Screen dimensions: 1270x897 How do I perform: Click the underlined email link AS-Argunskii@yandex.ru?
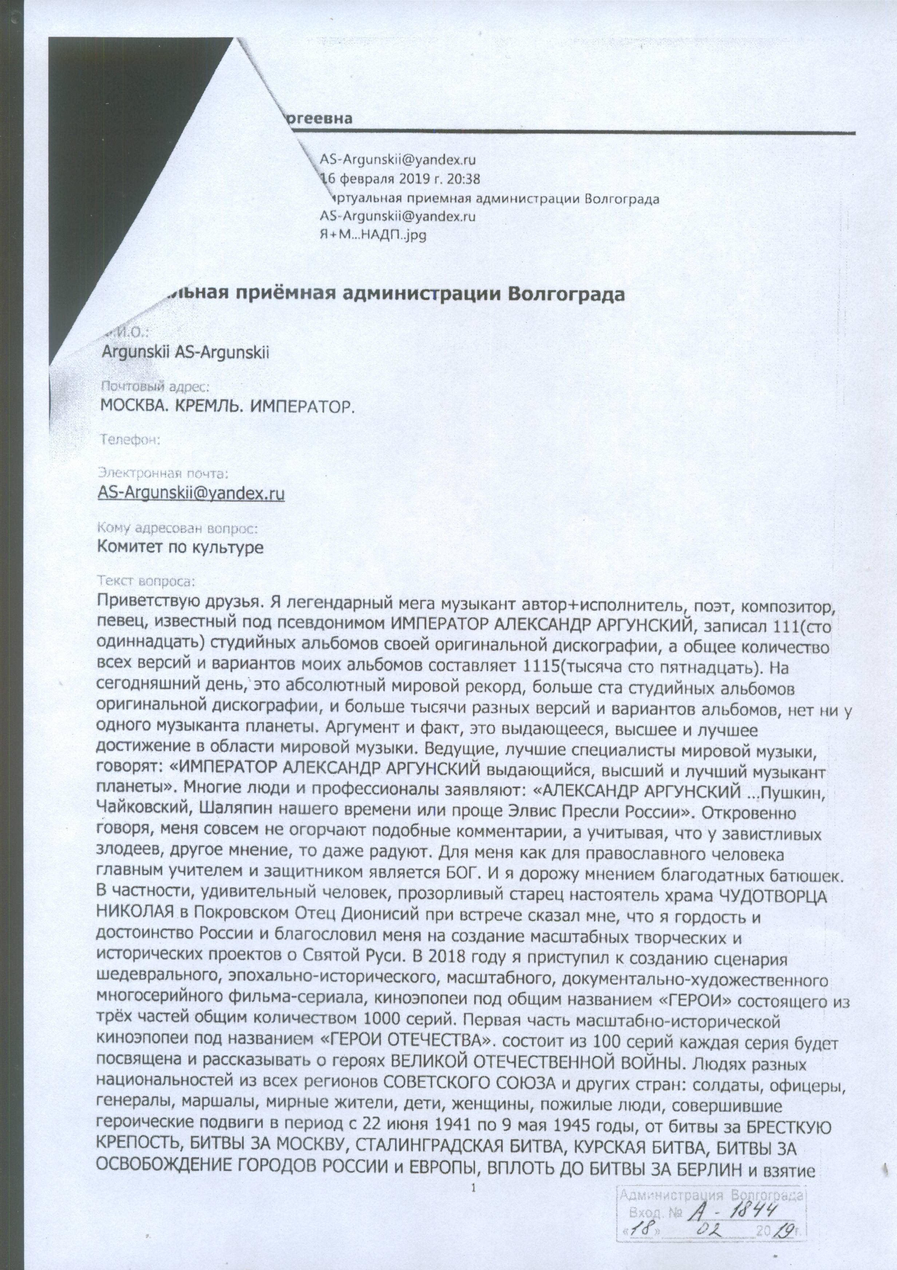tap(191, 493)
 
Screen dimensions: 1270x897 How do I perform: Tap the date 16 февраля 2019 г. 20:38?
tap(400, 179)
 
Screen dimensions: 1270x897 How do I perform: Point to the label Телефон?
tap(129, 440)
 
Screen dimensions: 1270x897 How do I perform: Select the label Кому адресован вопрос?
tap(177, 528)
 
